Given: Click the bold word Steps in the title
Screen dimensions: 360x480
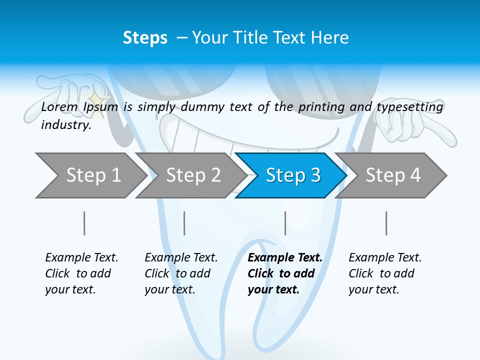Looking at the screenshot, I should [x=145, y=38].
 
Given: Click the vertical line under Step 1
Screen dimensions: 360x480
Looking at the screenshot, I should [x=84, y=223].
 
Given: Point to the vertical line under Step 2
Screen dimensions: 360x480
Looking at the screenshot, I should [x=184, y=223].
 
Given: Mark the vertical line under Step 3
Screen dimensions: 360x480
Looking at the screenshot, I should [x=285, y=223].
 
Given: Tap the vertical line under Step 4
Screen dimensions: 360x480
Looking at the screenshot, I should [x=386, y=223].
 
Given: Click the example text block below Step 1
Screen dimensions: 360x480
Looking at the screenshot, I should [x=81, y=273].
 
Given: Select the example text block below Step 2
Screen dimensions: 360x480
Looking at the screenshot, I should [x=181, y=273].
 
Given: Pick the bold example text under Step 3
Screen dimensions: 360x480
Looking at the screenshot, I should [x=285, y=273].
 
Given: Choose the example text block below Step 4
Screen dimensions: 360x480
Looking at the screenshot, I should [x=385, y=273].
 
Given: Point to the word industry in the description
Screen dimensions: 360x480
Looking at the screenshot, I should [x=66, y=125].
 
